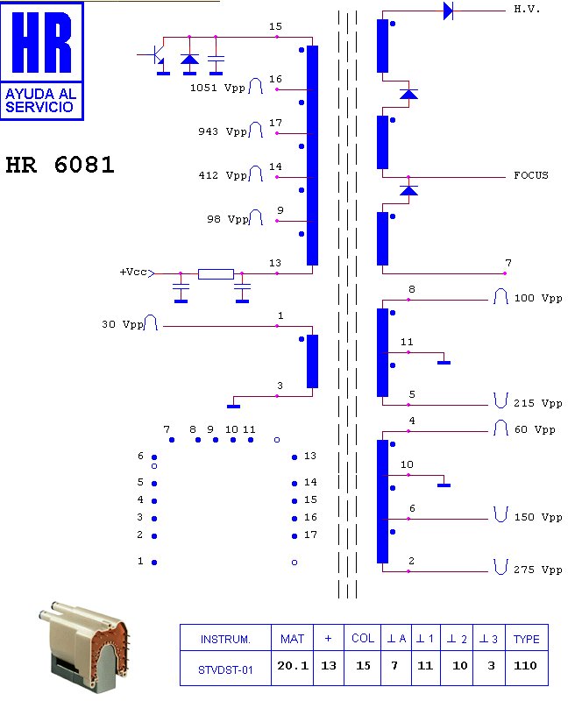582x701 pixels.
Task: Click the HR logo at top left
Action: [42, 61]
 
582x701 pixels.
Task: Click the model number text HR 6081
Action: [60, 165]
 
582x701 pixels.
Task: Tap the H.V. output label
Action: [527, 9]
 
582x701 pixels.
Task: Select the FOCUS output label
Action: [531, 175]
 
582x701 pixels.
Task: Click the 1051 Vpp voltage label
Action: [218, 88]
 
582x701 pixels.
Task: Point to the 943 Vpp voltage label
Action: [223, 131]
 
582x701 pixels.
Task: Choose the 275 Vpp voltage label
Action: [537, 570]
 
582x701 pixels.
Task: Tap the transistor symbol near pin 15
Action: [155, 56]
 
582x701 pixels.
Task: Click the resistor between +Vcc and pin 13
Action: [216, 273]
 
